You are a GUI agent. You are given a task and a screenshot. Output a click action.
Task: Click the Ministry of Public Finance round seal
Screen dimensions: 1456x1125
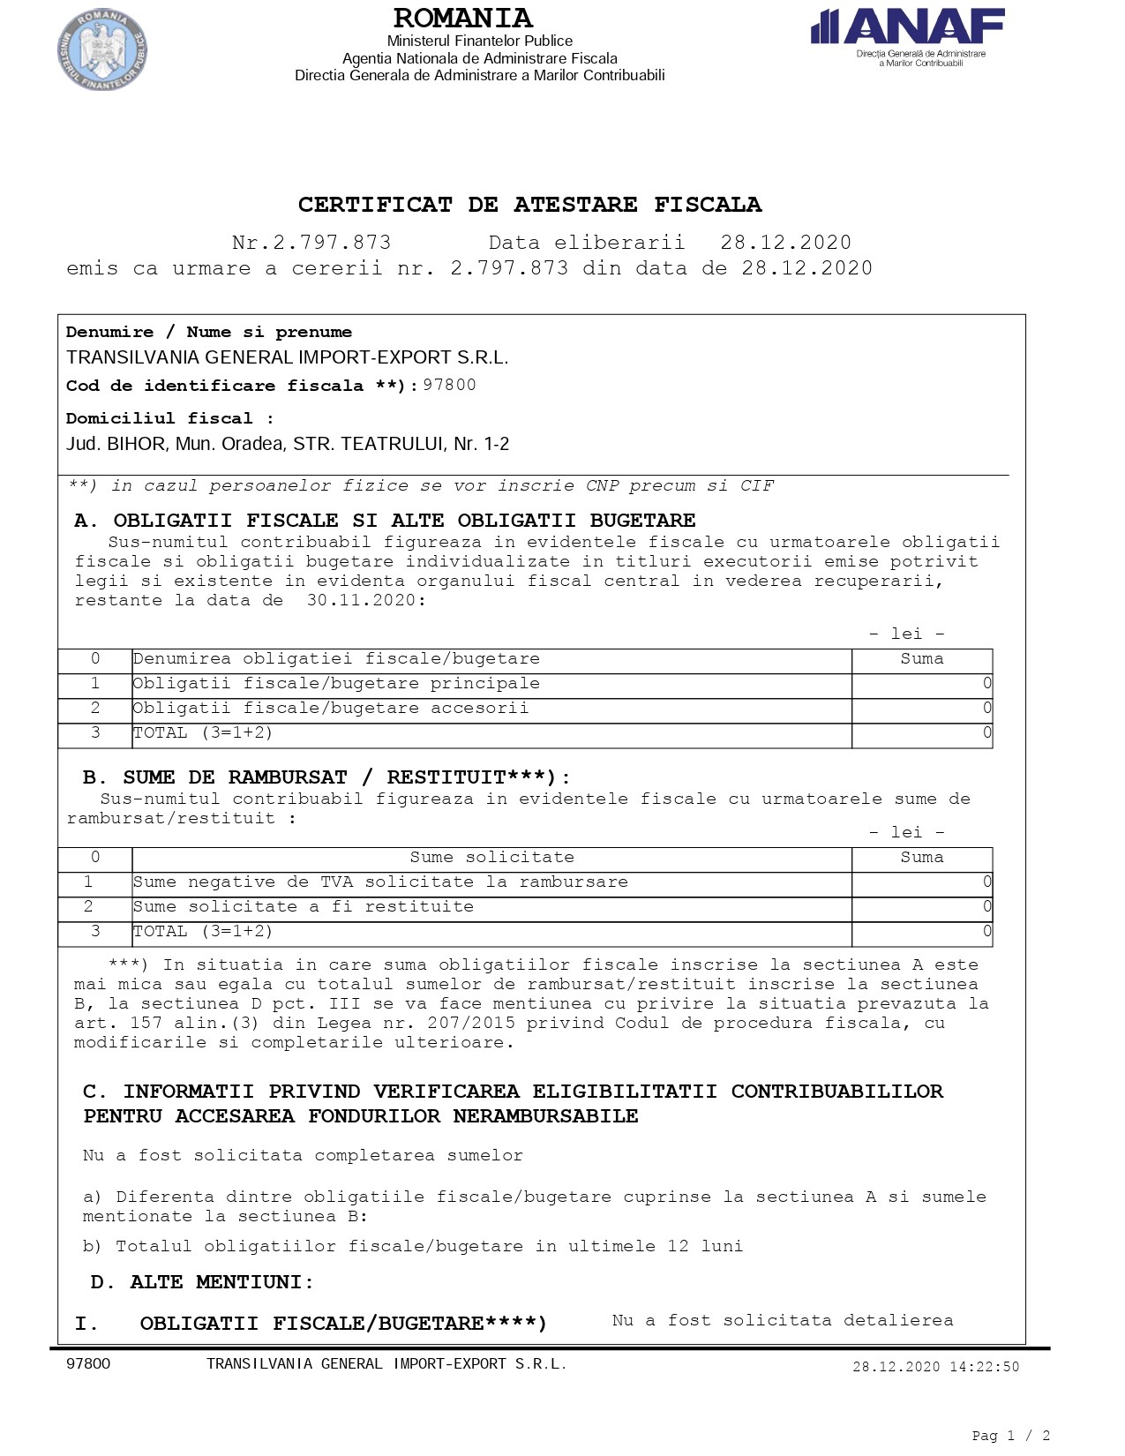click(x=102, y=49)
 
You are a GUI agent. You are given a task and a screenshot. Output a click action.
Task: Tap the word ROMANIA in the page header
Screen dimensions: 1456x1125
click(x=462, y=19)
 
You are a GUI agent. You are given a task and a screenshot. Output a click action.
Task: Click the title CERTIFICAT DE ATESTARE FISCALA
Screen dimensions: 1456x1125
click(x=529, y=205)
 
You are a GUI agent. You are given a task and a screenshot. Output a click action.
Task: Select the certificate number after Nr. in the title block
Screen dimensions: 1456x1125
click(x=331, y=243)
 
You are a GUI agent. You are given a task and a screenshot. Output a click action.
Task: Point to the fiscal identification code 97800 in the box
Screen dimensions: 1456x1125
click(x=449, y=385)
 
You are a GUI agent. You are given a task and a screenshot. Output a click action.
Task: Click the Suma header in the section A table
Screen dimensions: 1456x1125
click(x=921, y=659)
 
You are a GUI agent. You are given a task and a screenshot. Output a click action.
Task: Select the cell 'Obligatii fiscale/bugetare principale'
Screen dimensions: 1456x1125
click(x=336, y=684)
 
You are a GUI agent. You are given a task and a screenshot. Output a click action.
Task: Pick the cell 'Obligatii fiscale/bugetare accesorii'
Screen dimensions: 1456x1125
click(x=331, y=709)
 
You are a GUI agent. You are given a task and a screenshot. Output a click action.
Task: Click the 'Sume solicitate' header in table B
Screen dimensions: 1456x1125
click(x=491, y=858)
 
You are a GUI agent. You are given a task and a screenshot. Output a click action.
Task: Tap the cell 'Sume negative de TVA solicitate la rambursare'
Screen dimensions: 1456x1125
click(x=380, y=882)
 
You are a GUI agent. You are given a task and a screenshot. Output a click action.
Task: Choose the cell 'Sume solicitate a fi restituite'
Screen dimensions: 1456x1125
click(x=304, y=907)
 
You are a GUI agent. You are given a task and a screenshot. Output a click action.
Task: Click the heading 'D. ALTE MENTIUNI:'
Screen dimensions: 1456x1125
click(x=202, y=1282)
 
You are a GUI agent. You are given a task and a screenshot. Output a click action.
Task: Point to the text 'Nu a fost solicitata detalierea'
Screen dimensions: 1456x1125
click(x=783, y=1320)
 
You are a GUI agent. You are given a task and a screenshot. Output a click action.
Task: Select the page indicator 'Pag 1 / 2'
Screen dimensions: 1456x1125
click(x=1010, y=1436)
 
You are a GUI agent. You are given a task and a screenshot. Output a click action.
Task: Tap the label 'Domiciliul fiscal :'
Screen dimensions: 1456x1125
click(x=169, y=418)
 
